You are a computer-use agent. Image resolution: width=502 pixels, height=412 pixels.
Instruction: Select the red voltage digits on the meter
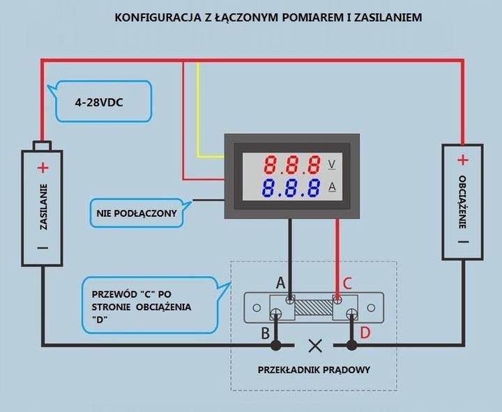(x=292, y=165)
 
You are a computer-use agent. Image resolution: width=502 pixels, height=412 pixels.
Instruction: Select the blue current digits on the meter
(x=292, y=188)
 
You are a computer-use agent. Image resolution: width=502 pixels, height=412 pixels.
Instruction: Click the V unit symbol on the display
(x=331, y=165)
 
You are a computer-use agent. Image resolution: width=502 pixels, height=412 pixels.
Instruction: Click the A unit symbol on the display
(x=331, y=186)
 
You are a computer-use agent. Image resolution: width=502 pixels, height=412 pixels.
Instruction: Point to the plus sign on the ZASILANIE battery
(x=43, y=167)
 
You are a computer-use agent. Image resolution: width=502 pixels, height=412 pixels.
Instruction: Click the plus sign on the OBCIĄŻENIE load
(x=462, y=160)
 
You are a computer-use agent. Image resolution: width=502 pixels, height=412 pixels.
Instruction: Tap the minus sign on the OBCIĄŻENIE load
(x=462, y=242)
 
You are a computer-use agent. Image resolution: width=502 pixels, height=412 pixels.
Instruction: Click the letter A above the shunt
(x=281, y=283)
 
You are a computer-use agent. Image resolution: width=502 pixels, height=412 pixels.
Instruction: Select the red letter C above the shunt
(x=347, y=283)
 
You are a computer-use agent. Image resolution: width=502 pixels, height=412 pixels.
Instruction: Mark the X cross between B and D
(x=315, y=345)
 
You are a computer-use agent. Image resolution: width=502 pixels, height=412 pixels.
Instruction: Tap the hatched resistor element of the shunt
(x=314, y=307)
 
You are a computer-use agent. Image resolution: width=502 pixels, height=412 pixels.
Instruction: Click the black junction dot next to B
(x=277, y=345)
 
